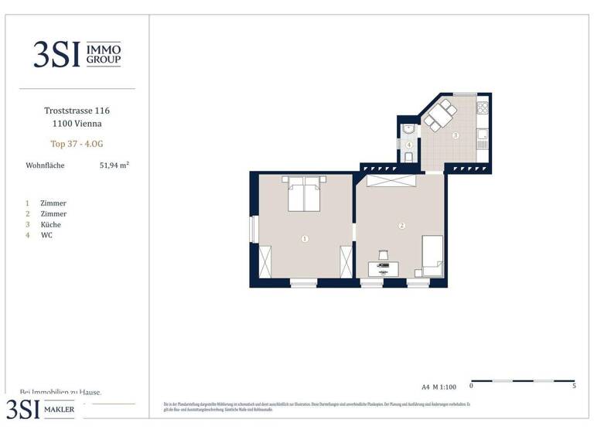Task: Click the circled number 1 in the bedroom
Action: [305, 239]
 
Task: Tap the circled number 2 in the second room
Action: [401, 226]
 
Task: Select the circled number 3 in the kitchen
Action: [456, 135]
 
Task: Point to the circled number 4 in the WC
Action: [408, 145]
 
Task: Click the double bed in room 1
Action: [305, 193]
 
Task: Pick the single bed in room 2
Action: [431, 256]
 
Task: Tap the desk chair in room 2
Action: [383, 254]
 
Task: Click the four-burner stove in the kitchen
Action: [483, 108]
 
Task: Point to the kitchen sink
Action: [483, 136]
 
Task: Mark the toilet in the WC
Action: [408, 158]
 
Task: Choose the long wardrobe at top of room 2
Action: [391, 180]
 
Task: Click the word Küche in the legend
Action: [51, 224]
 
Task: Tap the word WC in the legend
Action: [46, 235]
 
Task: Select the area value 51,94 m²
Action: [114, 165]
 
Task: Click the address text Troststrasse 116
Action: [72, 111]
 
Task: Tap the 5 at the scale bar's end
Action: [574, 385]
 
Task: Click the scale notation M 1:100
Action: [445, 386]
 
